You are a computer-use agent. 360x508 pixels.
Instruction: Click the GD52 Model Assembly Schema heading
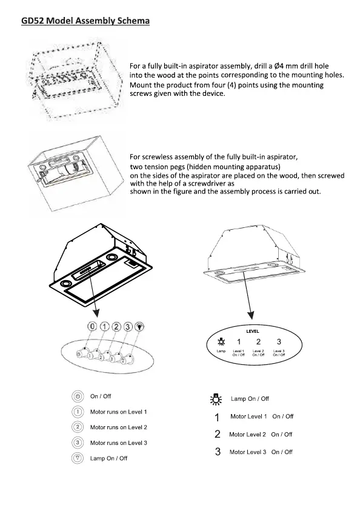click(85, 21)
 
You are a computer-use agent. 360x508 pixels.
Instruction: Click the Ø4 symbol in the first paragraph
click(279, 66)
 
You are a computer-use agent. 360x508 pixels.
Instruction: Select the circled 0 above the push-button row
click(92, 326)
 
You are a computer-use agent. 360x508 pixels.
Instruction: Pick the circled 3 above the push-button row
click(128, 327)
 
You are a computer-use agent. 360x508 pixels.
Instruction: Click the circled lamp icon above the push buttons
click(139, 327)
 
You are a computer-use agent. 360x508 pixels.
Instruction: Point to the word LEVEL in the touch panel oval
click(253, 332)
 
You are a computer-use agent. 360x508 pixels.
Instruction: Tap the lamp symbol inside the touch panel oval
click(221, 341)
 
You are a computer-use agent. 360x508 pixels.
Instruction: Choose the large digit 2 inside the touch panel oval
click(258, 342)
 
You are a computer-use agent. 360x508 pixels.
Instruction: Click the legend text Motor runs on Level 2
click(119, 427)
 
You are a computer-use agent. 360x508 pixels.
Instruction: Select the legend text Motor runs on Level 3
click(119, 443)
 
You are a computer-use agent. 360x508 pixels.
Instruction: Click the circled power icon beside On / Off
click(78, 396)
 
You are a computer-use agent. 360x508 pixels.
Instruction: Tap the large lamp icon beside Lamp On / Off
click(216, 399)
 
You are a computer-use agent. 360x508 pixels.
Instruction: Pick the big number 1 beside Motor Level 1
click(217, 417)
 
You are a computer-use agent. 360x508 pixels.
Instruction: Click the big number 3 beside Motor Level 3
click(218, 452)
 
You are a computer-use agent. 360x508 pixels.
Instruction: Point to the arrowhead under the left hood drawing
click(96, 312)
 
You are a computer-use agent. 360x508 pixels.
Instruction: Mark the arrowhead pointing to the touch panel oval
click(251, 315)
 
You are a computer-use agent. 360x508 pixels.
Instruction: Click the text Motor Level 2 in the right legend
click(247, 435)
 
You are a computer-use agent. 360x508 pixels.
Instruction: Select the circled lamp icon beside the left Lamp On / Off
click(78, 458)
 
